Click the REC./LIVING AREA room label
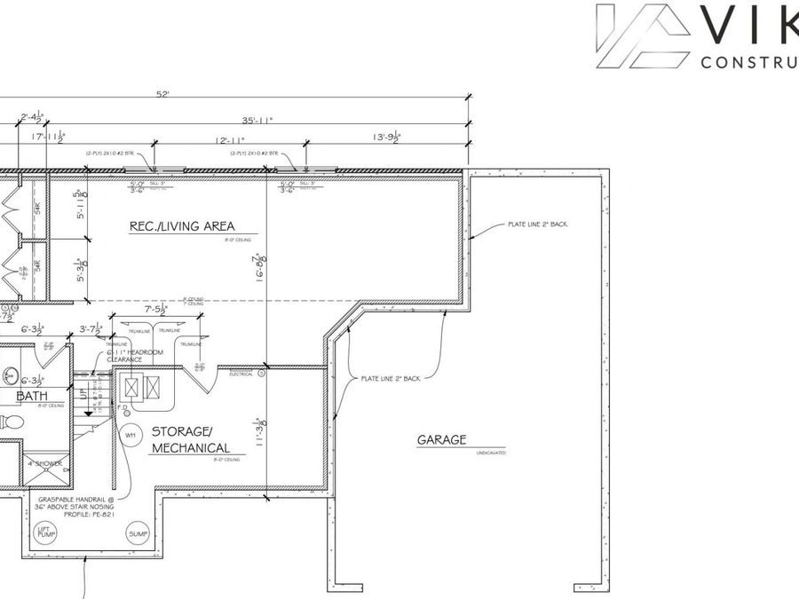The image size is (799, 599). (x=182, y=226)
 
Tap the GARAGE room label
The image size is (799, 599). (x=441, y=439)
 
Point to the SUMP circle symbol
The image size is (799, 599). (x=138, y=534)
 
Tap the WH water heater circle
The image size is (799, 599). (x=131, y=435)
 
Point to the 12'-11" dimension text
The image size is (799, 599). (x=230, y=139)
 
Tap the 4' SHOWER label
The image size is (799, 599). (x=44, y=462)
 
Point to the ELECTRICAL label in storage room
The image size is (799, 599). (x=241, y=374)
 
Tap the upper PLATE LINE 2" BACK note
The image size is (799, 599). (x=536, y=224)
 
